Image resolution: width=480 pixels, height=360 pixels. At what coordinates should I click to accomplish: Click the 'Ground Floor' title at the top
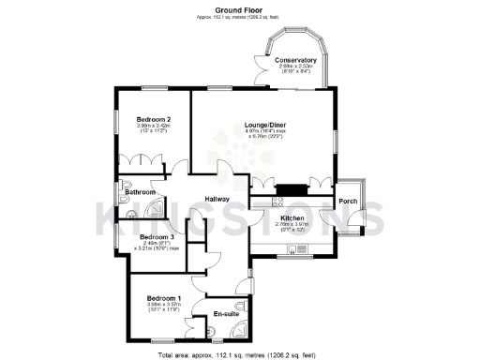coord(240,8)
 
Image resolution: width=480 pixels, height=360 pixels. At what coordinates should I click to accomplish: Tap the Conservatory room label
coord(295,60)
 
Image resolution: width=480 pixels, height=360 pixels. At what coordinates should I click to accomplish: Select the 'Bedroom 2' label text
coord(153,119)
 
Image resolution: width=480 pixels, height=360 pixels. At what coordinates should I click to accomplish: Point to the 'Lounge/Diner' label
coord(264,124)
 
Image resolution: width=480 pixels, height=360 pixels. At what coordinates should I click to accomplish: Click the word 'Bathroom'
coord(138,192)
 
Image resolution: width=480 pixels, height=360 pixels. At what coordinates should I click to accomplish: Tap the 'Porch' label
coord(348,202)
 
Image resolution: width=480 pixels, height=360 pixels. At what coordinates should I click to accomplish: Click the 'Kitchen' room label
coord(292,217)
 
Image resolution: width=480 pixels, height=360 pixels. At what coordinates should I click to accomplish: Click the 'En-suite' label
coord(226,313)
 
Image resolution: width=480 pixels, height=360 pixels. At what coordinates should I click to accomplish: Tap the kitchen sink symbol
coord(294,247)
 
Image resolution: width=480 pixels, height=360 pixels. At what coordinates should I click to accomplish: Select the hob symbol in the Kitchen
coord(277,202)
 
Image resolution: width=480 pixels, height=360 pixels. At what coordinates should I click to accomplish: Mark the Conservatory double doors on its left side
coord(258,71)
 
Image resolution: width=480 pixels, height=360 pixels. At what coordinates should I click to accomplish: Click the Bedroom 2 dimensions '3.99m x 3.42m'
coord(153,126)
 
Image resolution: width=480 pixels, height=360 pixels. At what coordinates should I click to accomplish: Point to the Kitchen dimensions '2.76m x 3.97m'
coord(292,224)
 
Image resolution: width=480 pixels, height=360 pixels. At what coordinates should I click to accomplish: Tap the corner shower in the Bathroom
coord(157,209)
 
